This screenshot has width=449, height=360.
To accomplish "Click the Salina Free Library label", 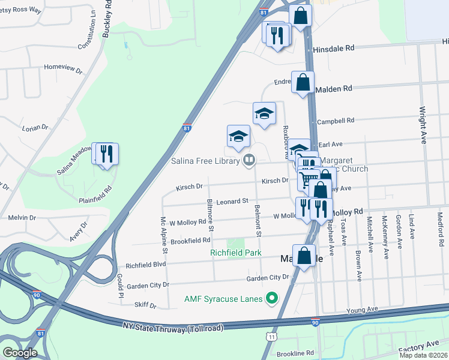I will [203, 160].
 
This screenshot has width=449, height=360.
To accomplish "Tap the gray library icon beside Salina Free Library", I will [249, 160].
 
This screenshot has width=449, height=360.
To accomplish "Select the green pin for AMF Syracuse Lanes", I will [272, 298].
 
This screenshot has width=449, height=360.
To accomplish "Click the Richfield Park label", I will [235, 253].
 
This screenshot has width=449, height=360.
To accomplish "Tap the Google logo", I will [19, 352].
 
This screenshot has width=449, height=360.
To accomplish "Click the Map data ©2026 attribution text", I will [423, 355].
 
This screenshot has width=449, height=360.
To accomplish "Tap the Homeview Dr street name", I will [62, 69].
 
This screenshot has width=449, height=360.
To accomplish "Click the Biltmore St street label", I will [210, 214].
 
